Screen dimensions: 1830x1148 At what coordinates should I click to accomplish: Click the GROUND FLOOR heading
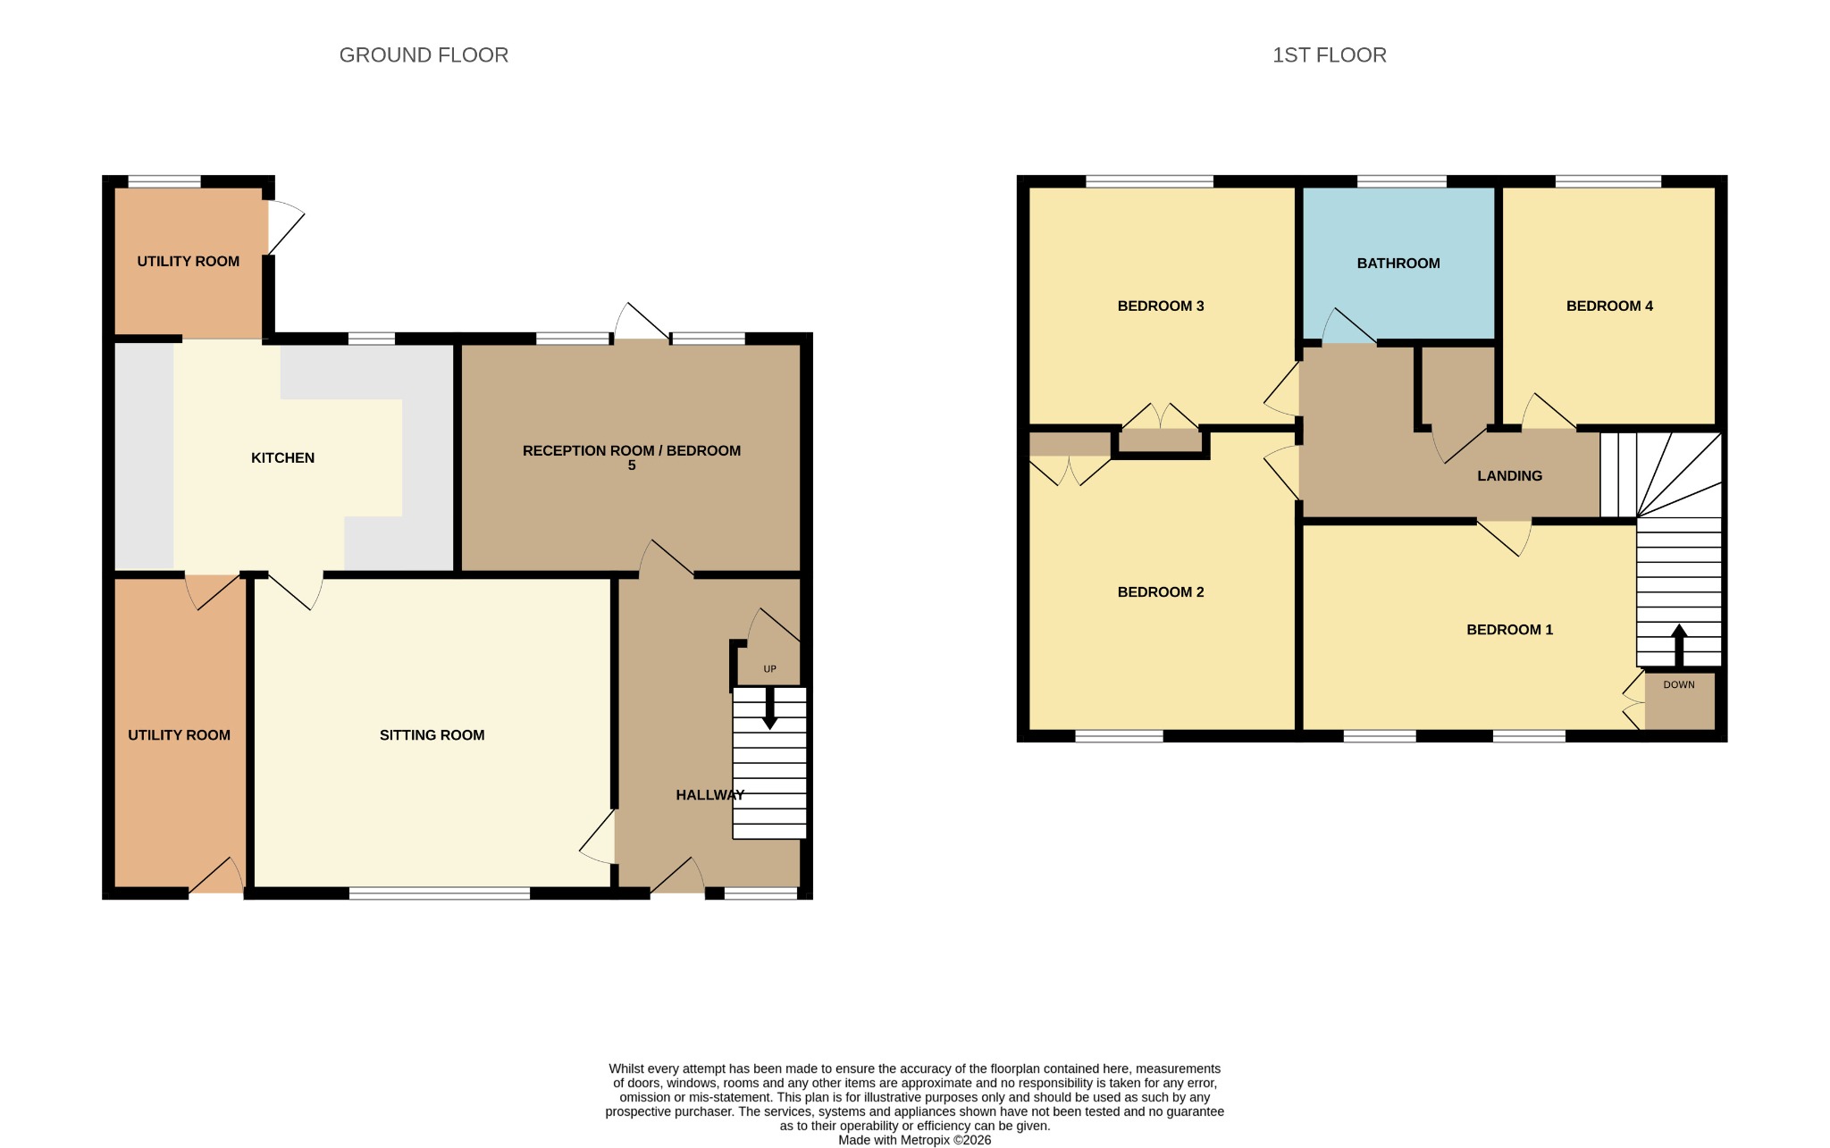pos(424,55)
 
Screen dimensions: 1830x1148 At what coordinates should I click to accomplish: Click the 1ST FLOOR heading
pos(1330,55)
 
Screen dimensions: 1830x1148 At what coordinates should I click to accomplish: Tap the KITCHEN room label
pos(282,457)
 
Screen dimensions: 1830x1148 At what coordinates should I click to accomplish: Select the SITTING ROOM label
pos(432,735)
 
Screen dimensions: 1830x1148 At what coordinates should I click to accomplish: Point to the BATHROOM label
pos(1398,264)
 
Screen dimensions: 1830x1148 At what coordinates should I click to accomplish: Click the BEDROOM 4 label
pos(1609,306)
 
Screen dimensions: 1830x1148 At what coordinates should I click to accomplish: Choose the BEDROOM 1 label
pos(1509,630)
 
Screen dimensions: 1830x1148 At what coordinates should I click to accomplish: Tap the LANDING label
pos(1509,476)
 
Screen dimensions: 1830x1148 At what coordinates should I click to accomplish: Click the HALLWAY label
pos(710,795)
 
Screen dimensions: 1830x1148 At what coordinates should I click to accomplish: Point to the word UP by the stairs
pos(769,669)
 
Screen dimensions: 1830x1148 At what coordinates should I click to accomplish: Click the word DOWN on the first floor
pos(1679,685)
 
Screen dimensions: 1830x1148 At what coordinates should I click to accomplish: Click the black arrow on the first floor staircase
pos(1679,645)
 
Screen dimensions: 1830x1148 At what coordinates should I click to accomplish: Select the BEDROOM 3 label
pos(1161,306)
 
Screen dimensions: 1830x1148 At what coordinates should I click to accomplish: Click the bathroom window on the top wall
pos(1401,181)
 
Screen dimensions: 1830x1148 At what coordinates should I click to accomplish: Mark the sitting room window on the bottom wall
pos(439,892)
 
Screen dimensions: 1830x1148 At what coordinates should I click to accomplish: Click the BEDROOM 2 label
pos(1161,592)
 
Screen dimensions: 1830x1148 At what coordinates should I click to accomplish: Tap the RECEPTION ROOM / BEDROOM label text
pos(632,451)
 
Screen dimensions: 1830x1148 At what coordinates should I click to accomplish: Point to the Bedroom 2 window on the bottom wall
pos(1119,736)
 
